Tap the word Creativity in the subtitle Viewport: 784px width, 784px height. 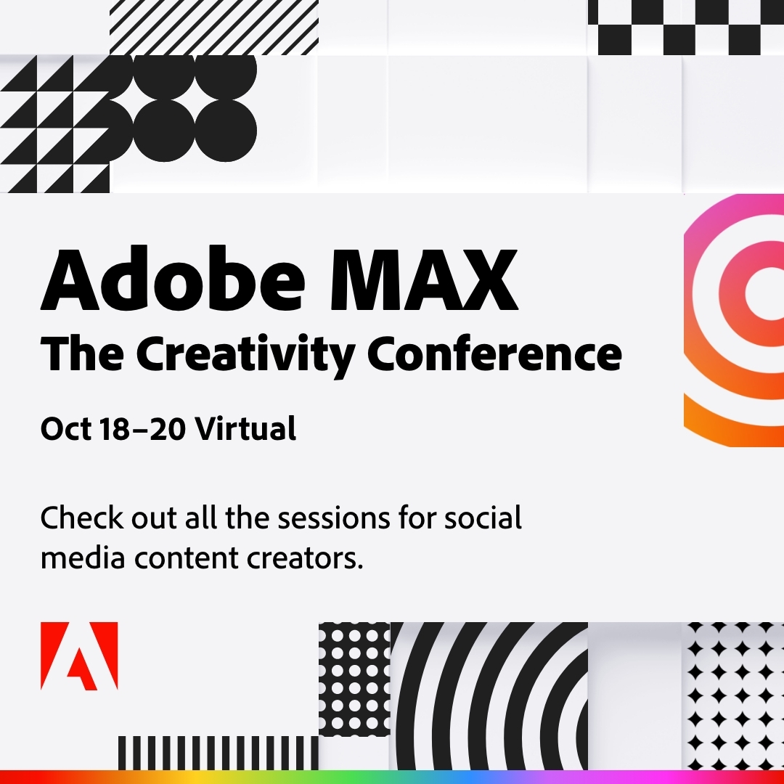(x=246, y=354)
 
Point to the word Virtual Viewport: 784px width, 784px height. (x=247, y=429)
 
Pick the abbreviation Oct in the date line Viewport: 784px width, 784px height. (x=66, y=429)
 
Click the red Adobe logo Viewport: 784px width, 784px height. (x=79, y=656)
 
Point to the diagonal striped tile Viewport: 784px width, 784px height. (x=213, y=27)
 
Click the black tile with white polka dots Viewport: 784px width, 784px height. (x=354, y=679)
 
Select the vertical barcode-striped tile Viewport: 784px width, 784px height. (x=218, y=752)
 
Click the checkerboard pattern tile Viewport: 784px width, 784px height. (x=685, y=27)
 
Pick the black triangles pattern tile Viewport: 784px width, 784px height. (x=54, y=123)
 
